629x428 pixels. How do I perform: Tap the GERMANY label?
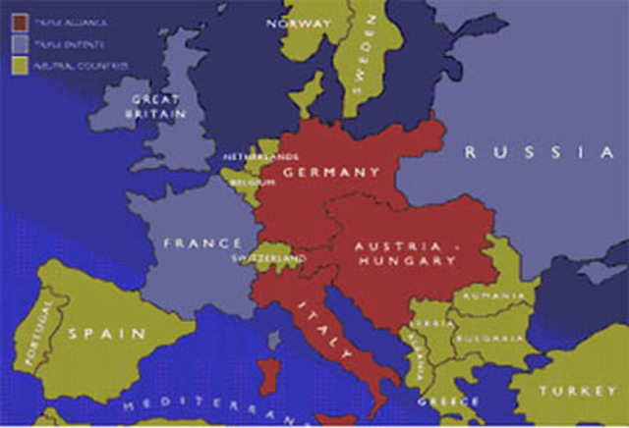330,172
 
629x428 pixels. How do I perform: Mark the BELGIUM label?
253,182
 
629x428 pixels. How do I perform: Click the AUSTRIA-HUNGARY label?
405,253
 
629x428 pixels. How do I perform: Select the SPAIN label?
107,334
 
